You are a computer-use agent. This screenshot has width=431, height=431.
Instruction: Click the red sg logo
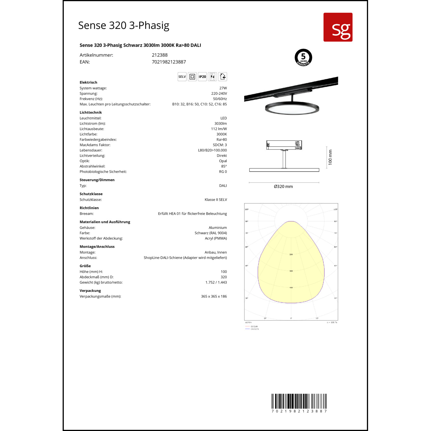[x=338, y=27]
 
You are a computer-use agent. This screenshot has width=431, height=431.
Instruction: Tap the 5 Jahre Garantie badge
[x=303, y=57]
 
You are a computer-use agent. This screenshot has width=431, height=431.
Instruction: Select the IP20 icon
[x=202, y=77]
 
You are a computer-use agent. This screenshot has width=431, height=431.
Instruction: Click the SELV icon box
[x=182, y=77]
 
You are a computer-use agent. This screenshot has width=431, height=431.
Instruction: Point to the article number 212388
[x=159, y=55]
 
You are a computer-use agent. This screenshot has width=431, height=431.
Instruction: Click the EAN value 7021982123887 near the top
[x=169, y=62]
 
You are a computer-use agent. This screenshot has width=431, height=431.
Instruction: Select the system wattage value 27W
[x=223, y=88]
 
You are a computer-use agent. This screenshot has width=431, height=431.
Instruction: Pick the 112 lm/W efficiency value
[x=219, y=129]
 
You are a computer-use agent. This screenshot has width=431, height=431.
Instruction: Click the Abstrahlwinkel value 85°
[x=224, y=166]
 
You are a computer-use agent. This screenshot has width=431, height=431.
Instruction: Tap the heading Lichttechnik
[x=91, y=113]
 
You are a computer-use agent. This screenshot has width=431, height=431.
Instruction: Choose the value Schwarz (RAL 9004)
[x=211, y=233]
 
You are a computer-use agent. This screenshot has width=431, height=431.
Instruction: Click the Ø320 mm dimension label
[x=283, y=186]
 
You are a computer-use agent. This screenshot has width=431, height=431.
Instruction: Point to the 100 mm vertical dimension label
[x=330, y=157]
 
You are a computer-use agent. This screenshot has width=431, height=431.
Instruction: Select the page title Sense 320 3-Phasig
[x=124, y=26]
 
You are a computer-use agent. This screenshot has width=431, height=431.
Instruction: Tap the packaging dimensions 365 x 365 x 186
[x=214, y=297]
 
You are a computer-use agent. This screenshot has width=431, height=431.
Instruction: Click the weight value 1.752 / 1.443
[x=216, y=282]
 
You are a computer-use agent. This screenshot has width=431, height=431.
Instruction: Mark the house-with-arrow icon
[x=223, y=77]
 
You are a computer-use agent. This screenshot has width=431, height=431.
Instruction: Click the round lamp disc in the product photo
[x=292, y=109]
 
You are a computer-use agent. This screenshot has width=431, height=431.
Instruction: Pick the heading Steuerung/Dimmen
[x=97, y=180]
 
